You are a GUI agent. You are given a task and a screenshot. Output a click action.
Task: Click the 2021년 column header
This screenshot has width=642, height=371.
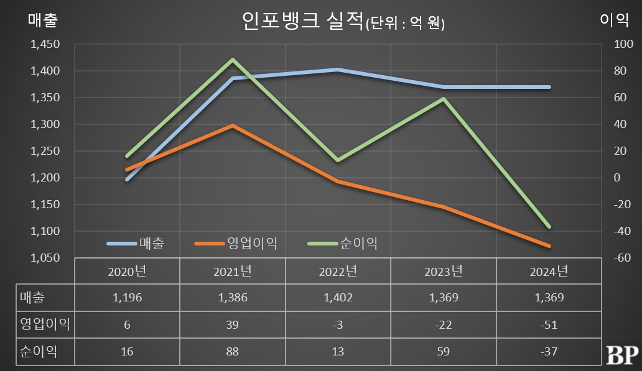coord(233,272)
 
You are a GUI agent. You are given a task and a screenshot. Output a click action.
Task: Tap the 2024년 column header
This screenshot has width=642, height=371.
coord(549,272)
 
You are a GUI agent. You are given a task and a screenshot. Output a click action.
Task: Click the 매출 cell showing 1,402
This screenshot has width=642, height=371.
coord(338,298)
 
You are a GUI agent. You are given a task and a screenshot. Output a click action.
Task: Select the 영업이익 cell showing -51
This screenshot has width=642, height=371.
coord(549,324)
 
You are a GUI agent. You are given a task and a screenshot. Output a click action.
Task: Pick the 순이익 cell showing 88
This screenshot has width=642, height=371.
coord(233,351)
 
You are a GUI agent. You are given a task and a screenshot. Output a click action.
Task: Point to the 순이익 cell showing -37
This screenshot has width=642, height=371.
coord(549,351)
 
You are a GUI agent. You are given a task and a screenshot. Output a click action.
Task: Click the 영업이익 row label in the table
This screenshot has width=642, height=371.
coord(44,324)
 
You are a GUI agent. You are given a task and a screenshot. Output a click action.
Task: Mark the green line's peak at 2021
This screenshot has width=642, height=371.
coord(233,60)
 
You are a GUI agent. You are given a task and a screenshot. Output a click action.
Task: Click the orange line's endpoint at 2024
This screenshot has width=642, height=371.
coord(549,246)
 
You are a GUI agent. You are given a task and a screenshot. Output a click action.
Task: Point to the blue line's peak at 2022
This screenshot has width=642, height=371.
coord(338,70)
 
